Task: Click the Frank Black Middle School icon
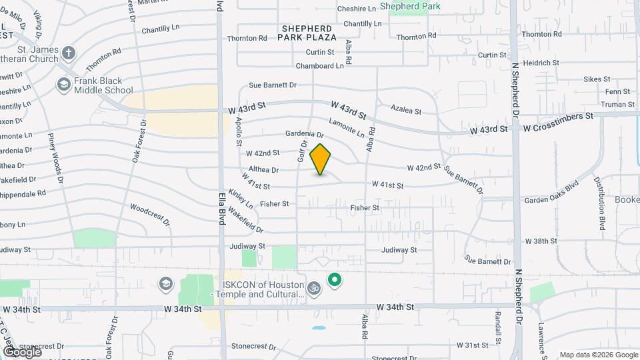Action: tap(63, 85)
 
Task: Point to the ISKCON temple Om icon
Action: tap(314, 288)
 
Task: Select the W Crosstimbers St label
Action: tap(558, 116)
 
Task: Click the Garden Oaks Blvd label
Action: tap(551, 189)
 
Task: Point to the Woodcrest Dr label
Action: tap(150, 214)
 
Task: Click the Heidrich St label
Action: tap(541, 63)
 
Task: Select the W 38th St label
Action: tap(541, 241)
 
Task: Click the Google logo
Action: tap(22, 351)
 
